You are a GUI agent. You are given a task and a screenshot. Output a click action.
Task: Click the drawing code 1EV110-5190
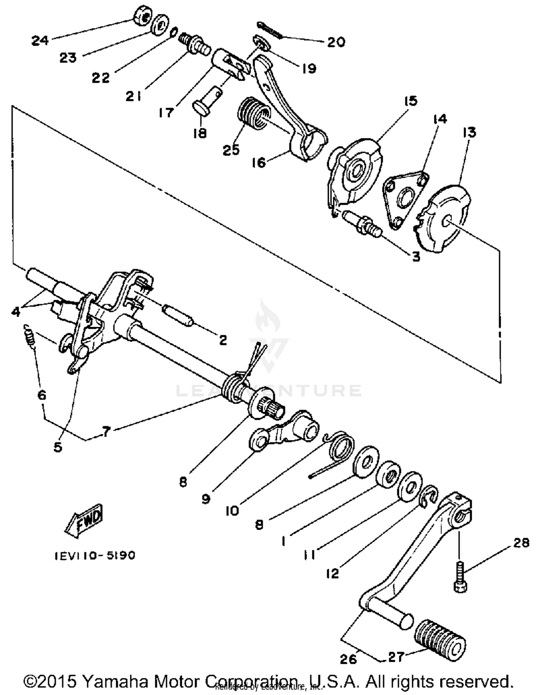95,555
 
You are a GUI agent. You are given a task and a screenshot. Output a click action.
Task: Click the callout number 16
259,162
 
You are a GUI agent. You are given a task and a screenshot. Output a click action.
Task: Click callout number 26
348,658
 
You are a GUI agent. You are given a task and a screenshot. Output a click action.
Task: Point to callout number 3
416,256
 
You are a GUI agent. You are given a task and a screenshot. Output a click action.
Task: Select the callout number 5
58,447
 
